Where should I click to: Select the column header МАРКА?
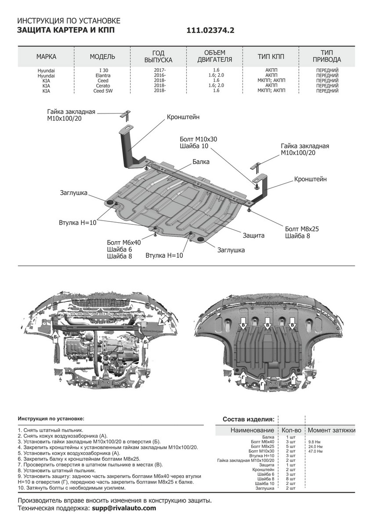coord(46,57)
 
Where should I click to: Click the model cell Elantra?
coord(102,75)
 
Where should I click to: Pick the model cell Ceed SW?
coord(102,91)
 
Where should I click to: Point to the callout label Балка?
coord(201,162)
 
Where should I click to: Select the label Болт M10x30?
coord(199,139)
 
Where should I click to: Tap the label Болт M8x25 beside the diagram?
coord(302,229)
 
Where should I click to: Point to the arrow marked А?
coord(162,322)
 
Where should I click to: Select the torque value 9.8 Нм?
coord(314,441)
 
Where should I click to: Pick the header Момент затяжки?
coord(331,430)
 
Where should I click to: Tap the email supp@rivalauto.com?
coord(123,508)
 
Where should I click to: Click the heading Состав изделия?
coord(249,419)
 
